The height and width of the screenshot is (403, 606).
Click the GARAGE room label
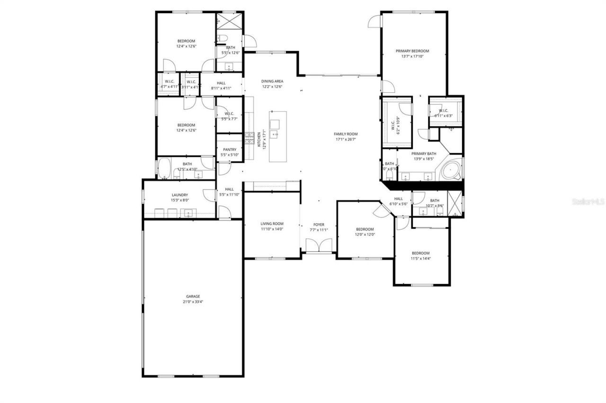coord(193,297)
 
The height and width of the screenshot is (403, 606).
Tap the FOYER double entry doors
coord(319,245)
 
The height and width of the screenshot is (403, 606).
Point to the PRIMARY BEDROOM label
coord(412,51)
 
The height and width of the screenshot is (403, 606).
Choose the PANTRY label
coord(230,149)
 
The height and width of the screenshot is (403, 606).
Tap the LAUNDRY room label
coord(179,195)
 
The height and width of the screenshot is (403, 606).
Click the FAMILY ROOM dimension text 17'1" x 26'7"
coord(346,140)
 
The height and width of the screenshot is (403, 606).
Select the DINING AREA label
coord(272,81)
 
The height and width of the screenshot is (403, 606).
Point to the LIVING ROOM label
coord(272,224)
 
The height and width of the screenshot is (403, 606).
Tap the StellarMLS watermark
coord(588,201)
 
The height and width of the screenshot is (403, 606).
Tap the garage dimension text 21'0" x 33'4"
coord(193,302)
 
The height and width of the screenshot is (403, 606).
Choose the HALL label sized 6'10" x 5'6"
coord(398,199)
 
